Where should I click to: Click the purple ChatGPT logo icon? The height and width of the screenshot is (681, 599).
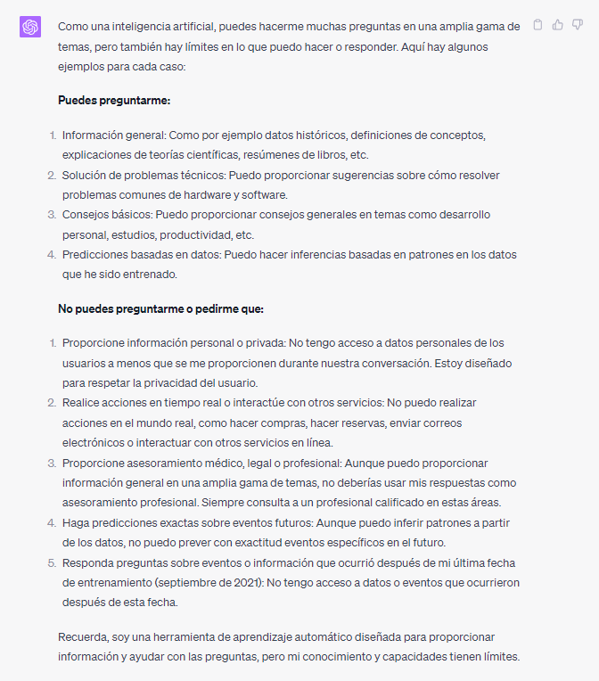30,27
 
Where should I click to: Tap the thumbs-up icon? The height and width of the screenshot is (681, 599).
558,25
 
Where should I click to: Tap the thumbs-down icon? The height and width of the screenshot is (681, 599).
578,25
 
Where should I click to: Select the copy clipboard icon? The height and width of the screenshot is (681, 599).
537,25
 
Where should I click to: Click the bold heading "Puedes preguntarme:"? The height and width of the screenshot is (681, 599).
114,100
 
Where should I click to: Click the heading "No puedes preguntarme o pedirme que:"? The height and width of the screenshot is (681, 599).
161,309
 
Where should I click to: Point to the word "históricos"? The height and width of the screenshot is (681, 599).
316,135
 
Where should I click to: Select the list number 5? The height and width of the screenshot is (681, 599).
51,562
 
